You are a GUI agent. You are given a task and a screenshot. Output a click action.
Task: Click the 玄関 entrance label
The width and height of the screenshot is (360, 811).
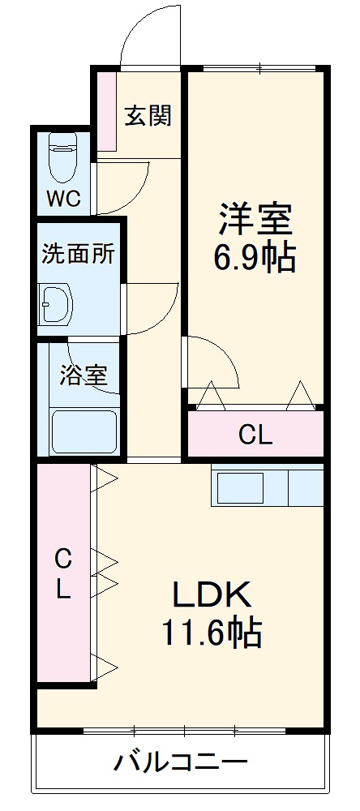tap(148, 116)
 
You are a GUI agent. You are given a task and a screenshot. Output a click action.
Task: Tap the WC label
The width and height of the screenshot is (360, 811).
tap(62, 200)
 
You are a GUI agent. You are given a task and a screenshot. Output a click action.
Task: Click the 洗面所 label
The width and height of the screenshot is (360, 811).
tap(78, 253)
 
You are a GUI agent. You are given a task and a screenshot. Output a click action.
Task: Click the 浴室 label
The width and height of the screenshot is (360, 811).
tap(84, 375)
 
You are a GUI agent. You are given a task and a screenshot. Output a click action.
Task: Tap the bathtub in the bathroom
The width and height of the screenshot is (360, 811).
tap(84, 431)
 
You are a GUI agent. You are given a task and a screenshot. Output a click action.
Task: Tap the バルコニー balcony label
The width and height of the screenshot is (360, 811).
tap(180, 762)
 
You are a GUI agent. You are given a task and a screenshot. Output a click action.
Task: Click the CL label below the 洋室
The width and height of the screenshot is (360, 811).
tap(255, 436)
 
